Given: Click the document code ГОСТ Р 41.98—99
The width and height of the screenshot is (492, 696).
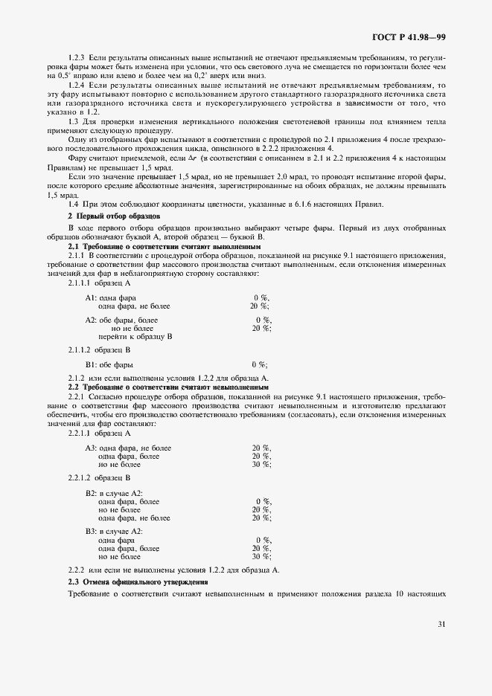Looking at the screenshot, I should click(x=409, y=36).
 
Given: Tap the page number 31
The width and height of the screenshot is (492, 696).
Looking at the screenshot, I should click(x=441, y=624).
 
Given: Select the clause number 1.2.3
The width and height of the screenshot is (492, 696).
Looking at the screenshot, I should click(x=78, y=57).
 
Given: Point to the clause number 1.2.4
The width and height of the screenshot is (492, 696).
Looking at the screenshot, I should click(x=78, y=86).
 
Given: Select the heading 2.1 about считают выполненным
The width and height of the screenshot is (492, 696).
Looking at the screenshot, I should click(x=164, y=245).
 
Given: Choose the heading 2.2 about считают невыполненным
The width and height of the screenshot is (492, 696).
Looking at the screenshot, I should click(x=168, y=387).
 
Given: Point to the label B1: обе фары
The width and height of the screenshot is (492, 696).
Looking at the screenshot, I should click(x=109, y=365).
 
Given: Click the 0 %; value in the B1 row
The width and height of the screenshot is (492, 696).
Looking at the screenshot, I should click(x=259, y=365).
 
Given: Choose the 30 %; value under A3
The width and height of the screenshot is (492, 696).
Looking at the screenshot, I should click(x=261, y=465).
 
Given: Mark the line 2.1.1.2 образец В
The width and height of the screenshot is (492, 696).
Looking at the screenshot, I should click(x=99, y=349).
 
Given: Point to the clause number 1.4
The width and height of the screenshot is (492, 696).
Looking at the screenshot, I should click(x=74, y=205).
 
